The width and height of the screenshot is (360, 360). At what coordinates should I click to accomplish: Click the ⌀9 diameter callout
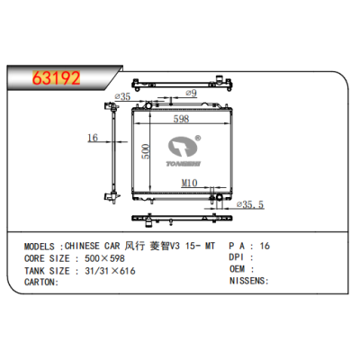point(189,92)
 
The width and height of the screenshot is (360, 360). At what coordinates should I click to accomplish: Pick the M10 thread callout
point(188,184)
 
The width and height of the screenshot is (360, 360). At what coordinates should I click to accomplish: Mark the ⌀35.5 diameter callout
point(247,205)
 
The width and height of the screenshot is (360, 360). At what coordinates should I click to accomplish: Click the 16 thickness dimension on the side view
point(92,138)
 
